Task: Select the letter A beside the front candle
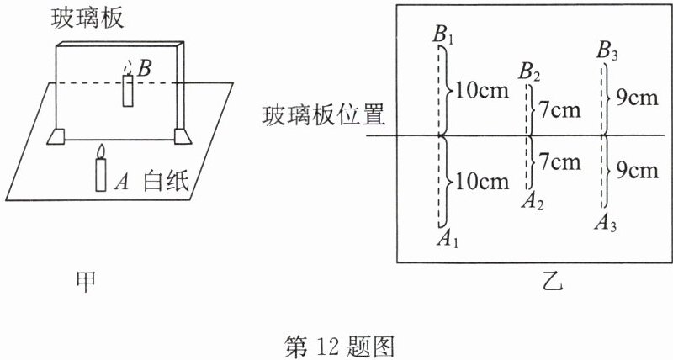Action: pos(121,179)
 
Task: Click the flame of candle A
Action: pos(101,151)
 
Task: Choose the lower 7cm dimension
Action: pos(559,161)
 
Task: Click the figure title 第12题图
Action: pos(341,344)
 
